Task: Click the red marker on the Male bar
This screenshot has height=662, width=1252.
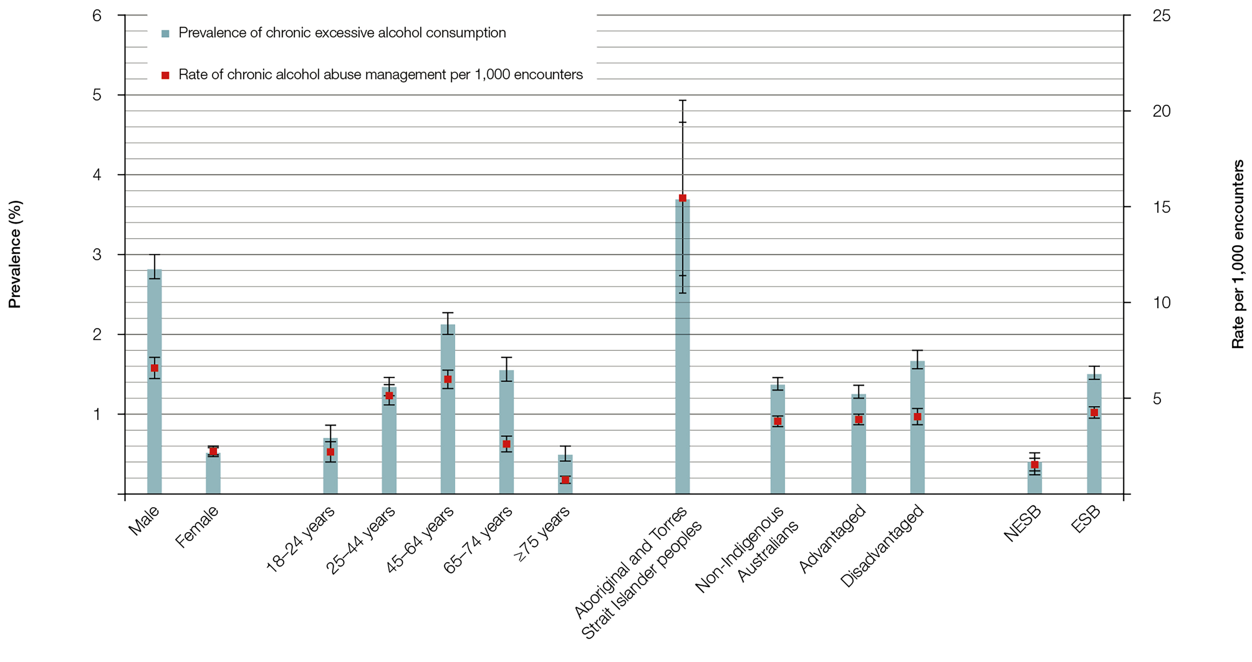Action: pyautogui.click(x=154, y=368)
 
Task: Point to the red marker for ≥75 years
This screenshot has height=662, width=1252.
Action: pyautogui.click(x=565, y=480)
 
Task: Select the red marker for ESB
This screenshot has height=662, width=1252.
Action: pyautogui.click(x=1094, y=413)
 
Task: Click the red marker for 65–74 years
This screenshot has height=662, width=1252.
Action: pyautogui.click(x=506, y=444)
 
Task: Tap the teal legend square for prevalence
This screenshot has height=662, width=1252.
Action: pyautogui.click(x=165, y=34)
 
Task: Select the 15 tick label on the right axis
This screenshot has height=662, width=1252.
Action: pyautogui.click(x=1161, y=207)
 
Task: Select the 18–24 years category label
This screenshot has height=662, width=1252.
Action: pyautogui.click(x=301, y=539)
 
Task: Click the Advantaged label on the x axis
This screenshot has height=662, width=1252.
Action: pyautogui.click(x=832, y=539)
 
